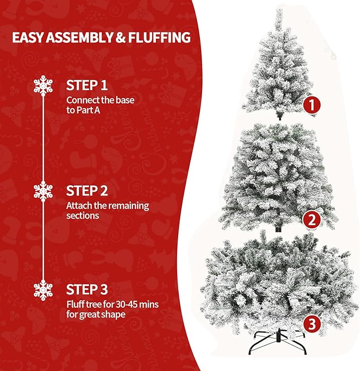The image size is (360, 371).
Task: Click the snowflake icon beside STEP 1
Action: [43, 85]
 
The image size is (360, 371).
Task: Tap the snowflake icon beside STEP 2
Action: [43, 191]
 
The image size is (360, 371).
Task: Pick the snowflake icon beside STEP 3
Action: [43, 290]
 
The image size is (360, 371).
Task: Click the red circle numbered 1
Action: [312, 105]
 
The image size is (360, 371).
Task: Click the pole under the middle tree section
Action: [278, 228]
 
